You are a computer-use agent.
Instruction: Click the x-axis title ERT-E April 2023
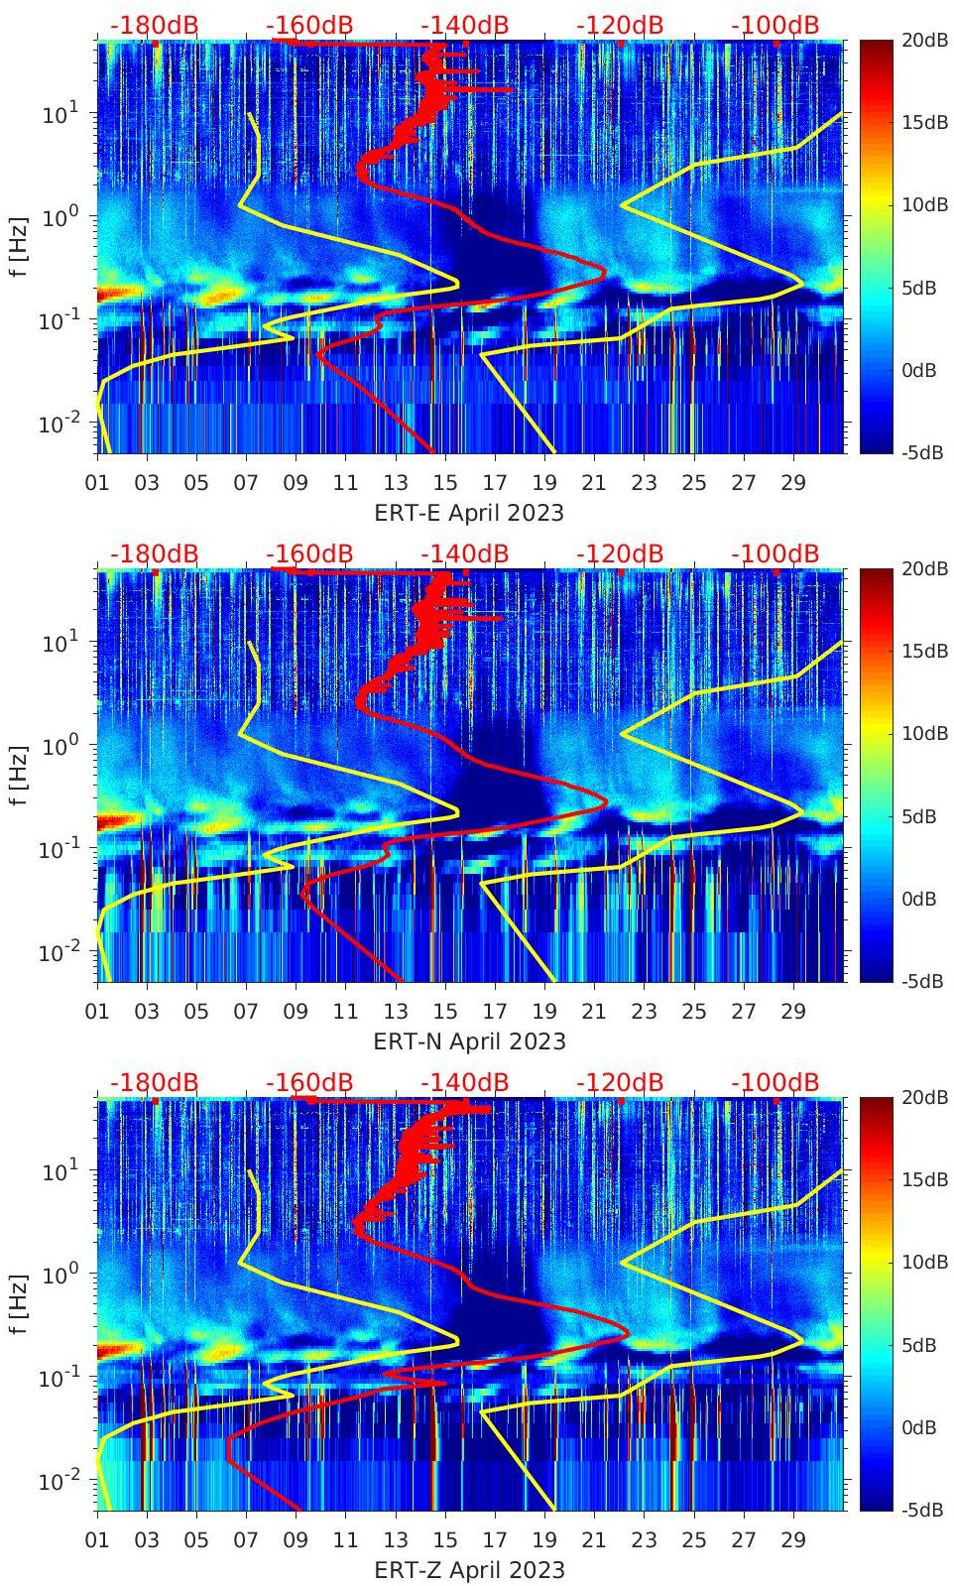click(469, 513)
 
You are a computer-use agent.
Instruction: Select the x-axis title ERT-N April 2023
click(469, 1041)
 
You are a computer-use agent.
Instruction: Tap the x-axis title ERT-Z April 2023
click(469, 1570)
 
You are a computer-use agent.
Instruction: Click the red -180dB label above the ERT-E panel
click(154, 25)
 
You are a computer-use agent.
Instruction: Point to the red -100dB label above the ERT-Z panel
click(775, 1082)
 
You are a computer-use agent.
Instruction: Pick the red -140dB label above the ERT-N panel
click(464, 553)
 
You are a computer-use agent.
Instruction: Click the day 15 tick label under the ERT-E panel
click(445, 483)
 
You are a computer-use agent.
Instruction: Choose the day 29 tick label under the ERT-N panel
click(793, 1012)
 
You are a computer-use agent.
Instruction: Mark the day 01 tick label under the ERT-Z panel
click(97, 1540)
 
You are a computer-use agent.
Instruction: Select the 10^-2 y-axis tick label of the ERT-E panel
click(58, 425)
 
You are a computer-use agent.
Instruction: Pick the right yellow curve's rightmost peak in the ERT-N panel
click(802, 809)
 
